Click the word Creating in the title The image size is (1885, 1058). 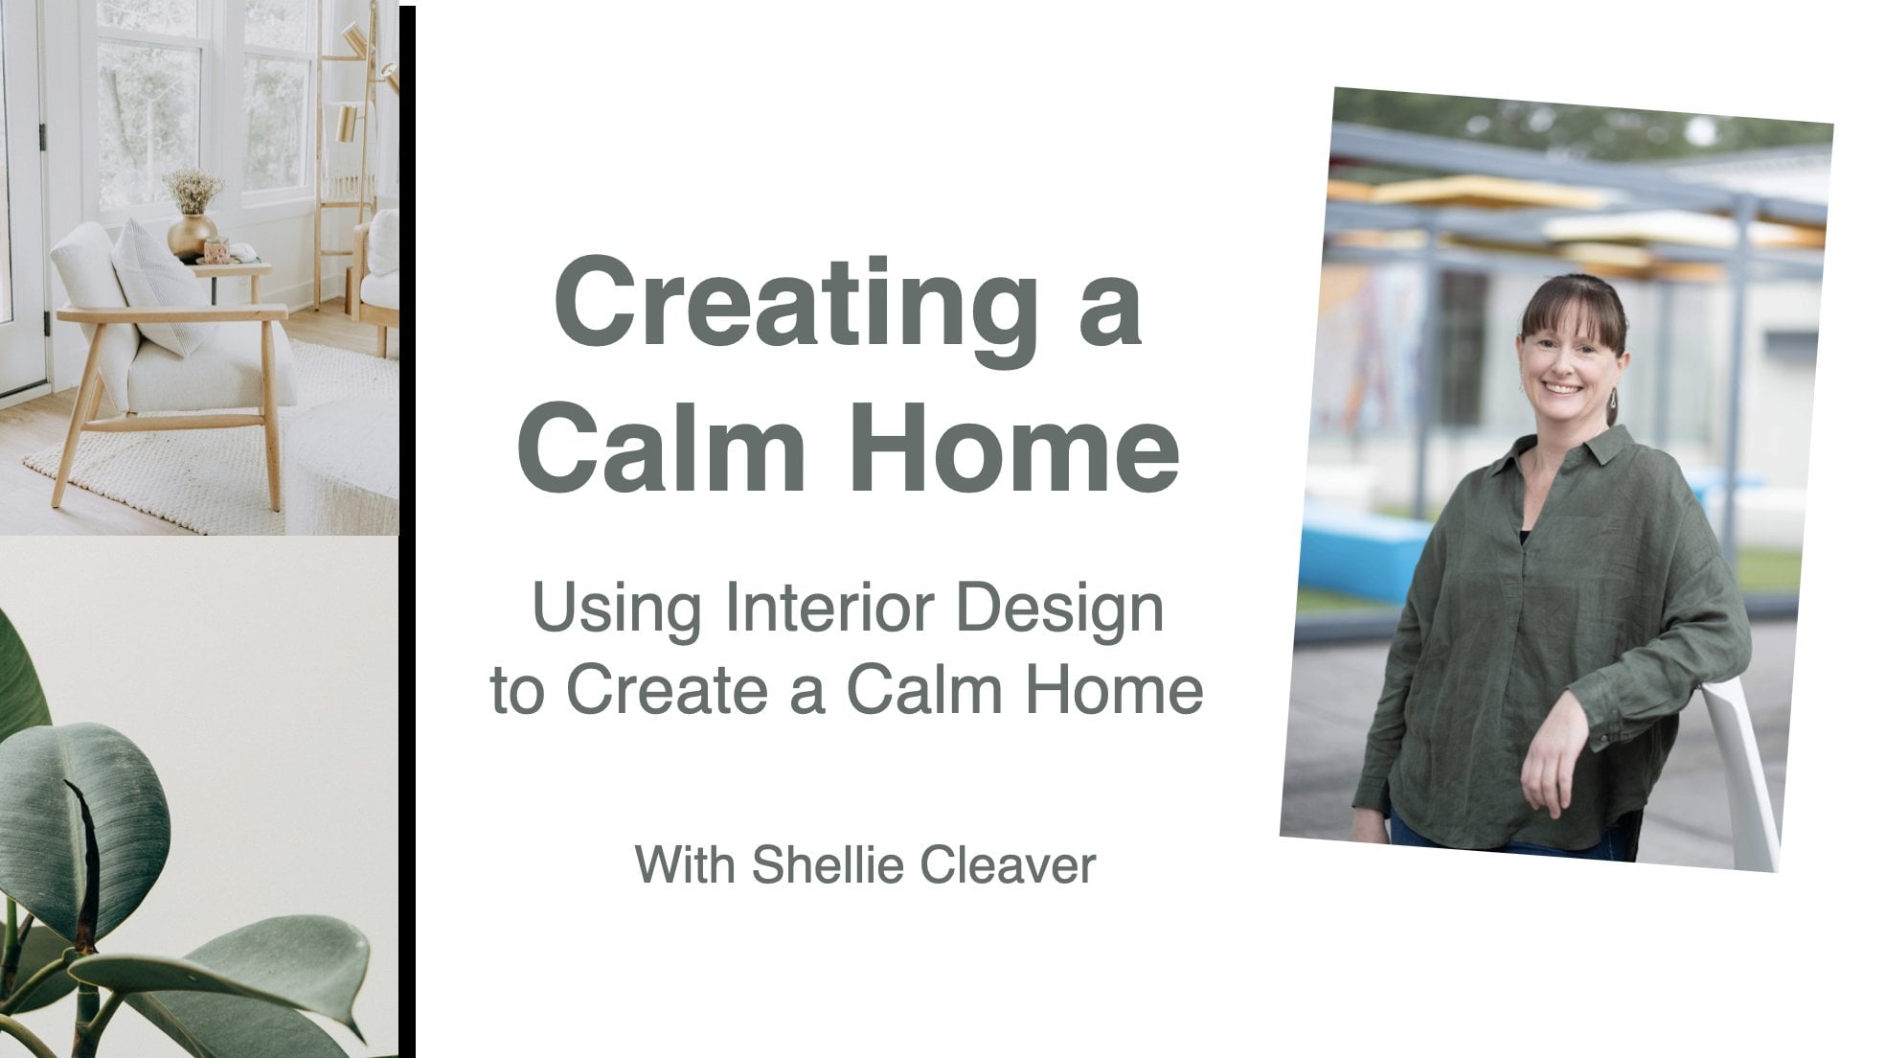[x=796, y=305]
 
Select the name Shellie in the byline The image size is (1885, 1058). [x=826, y=864]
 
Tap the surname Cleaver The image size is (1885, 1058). [x=1007, y=864]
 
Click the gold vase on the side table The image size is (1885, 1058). [x=192, y=235]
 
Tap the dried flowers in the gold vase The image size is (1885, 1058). [x=193, y=191]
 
